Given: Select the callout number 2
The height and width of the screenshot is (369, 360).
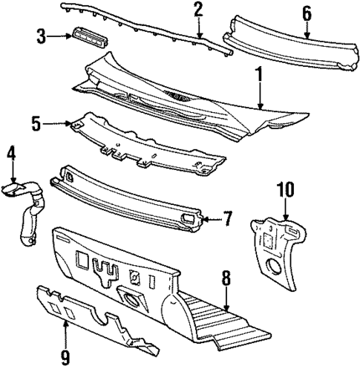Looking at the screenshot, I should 198,10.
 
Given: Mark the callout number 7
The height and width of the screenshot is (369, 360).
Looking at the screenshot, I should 228,220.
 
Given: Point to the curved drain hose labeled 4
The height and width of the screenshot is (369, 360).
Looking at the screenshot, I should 28,215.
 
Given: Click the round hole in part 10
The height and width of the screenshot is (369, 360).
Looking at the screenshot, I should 276,265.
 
